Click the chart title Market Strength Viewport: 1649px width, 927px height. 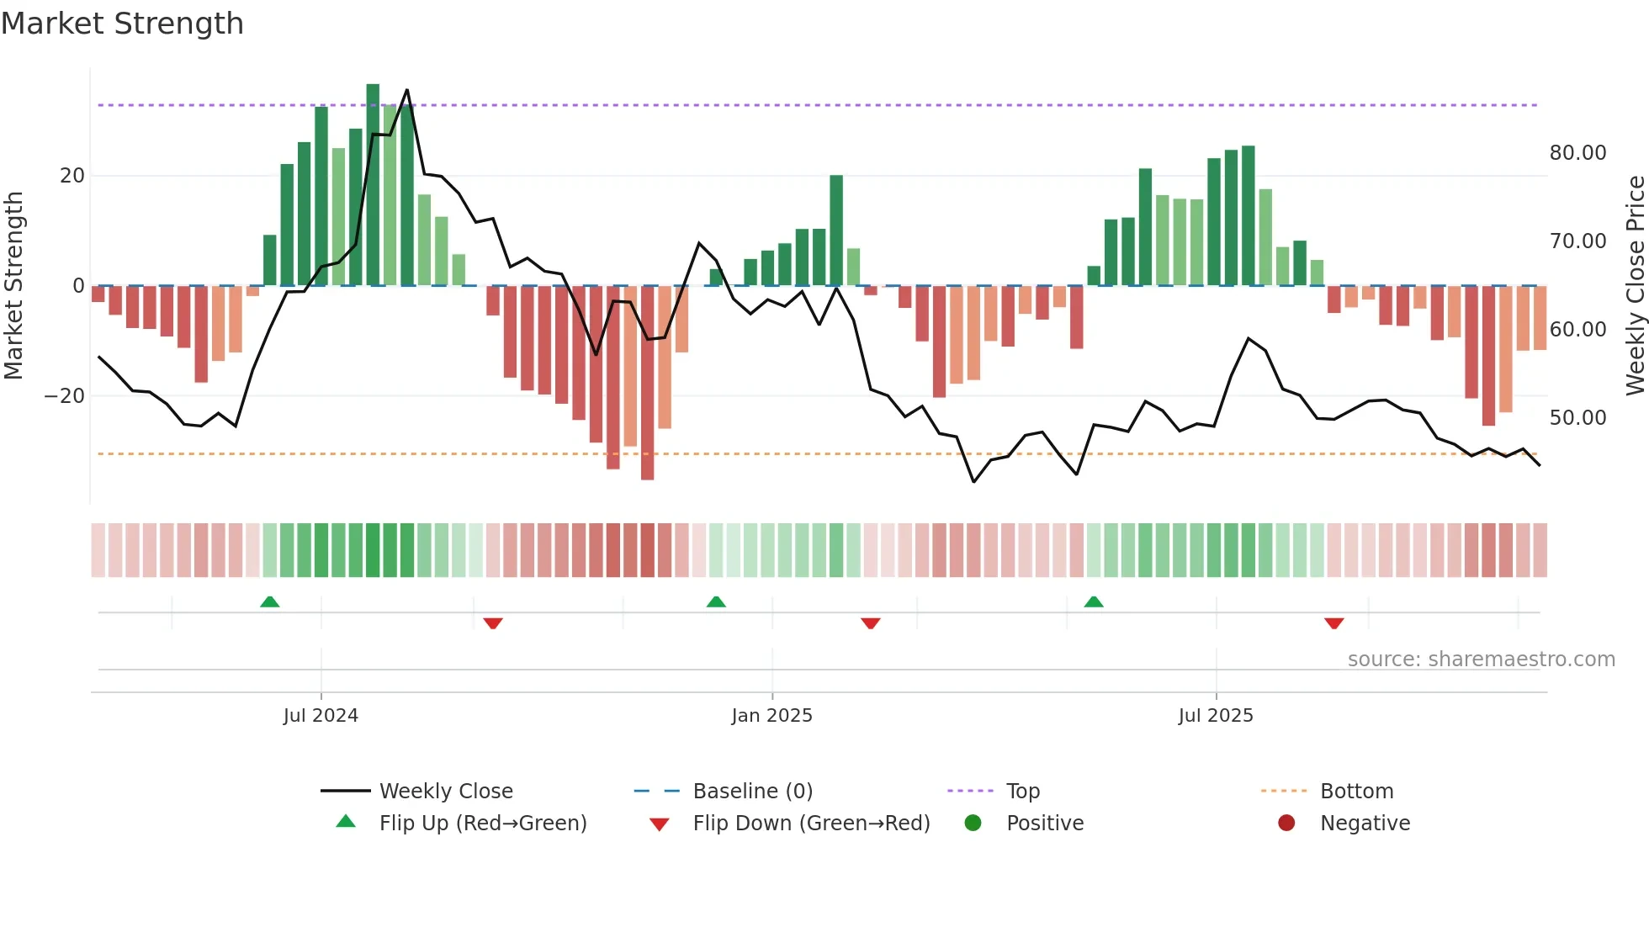(122, 24)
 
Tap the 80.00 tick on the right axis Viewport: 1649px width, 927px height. (1577, 153)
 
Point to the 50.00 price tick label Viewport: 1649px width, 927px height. (1577, 418)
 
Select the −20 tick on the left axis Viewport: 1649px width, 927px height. (65, 396)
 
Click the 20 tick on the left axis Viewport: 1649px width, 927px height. (72, 176)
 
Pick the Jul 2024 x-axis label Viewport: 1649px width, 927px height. (321, 716)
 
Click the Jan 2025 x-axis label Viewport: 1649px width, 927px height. (771, 716)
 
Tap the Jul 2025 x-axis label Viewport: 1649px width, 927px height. (1216, 716)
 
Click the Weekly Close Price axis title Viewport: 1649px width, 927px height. (1635, 286)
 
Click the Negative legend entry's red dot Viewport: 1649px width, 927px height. (1286, 824)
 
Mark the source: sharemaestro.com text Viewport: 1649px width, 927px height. (1481, 659)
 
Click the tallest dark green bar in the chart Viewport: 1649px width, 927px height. (373, 185)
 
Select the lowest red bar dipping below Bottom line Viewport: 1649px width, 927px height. (647, 383)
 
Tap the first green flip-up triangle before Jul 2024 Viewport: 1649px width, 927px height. (269, 602)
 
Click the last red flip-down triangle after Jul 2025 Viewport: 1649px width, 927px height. (1334, 623)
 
